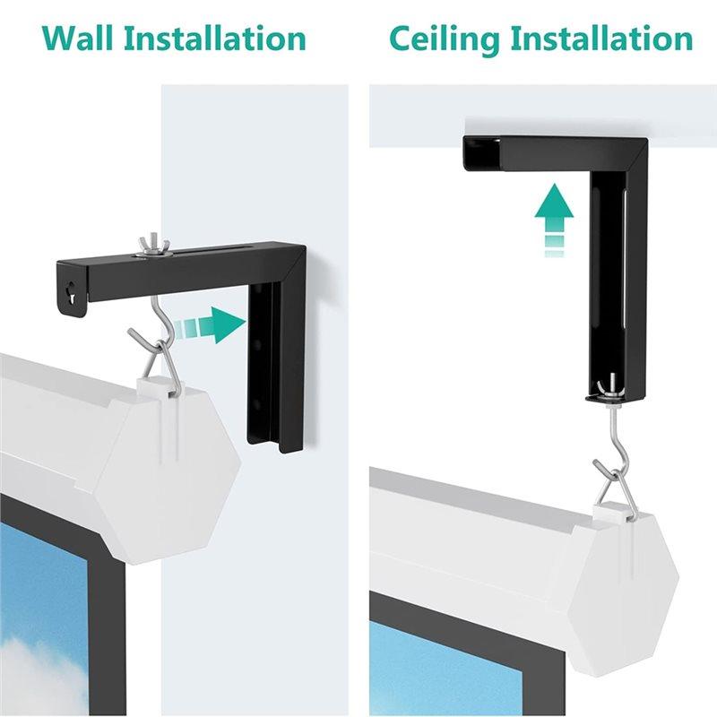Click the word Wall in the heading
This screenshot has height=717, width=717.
coord(77,39)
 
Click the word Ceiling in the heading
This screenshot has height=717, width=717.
coord(444,40)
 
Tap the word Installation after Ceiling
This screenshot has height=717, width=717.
coord(601,39)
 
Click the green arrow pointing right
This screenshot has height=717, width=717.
coord(212,325)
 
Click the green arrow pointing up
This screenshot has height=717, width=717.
coord(554,220)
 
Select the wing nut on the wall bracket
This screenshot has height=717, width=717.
coord(145,247)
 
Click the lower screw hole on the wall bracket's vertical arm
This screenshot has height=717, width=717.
coord(258,402)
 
